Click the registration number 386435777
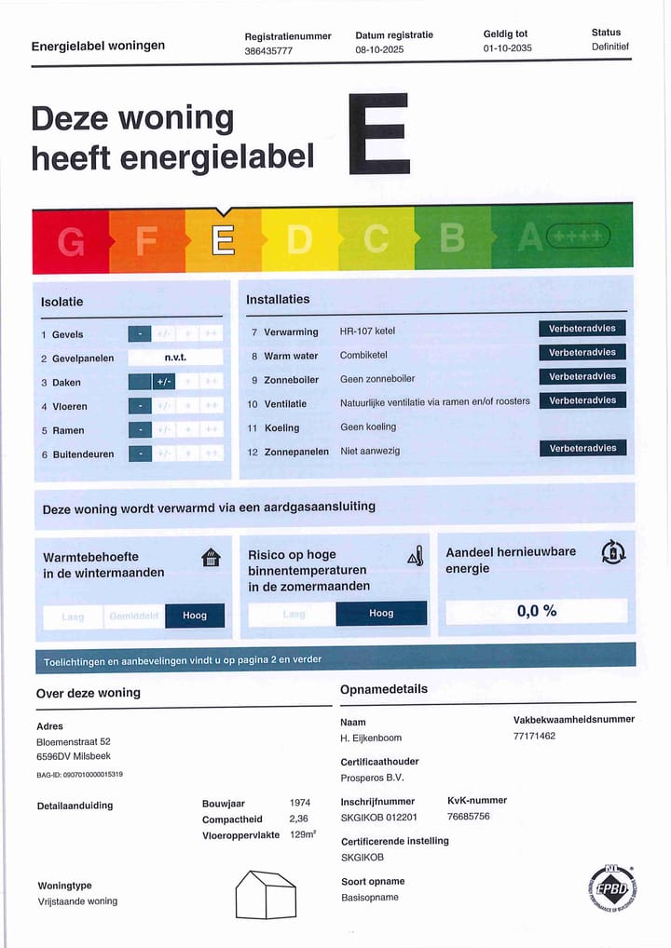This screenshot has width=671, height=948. pos(268,51)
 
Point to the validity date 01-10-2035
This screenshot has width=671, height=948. pos(507,48)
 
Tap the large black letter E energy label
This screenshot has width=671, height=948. pos(378,133)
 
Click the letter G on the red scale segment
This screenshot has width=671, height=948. pos(71,241)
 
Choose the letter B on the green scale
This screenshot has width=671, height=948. pos(452,239)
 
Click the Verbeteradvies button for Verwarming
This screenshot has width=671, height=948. pos(582,329)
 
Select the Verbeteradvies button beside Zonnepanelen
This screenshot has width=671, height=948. pos(582,448)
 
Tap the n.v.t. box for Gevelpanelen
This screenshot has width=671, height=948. pos(175,358)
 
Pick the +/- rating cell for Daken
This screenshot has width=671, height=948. pos(163,382)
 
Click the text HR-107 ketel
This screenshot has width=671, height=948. pos(368,332)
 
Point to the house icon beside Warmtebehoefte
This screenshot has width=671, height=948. pos(212,558)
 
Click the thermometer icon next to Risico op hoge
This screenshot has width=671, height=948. pos(416,557)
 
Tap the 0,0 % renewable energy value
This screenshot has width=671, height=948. pos(537,611)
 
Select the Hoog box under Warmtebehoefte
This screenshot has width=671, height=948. pos(195,616)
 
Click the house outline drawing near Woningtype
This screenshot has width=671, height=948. pos(266,894)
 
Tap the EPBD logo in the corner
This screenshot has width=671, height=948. pos(611,887)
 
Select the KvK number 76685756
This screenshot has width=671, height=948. pos(469,817)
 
